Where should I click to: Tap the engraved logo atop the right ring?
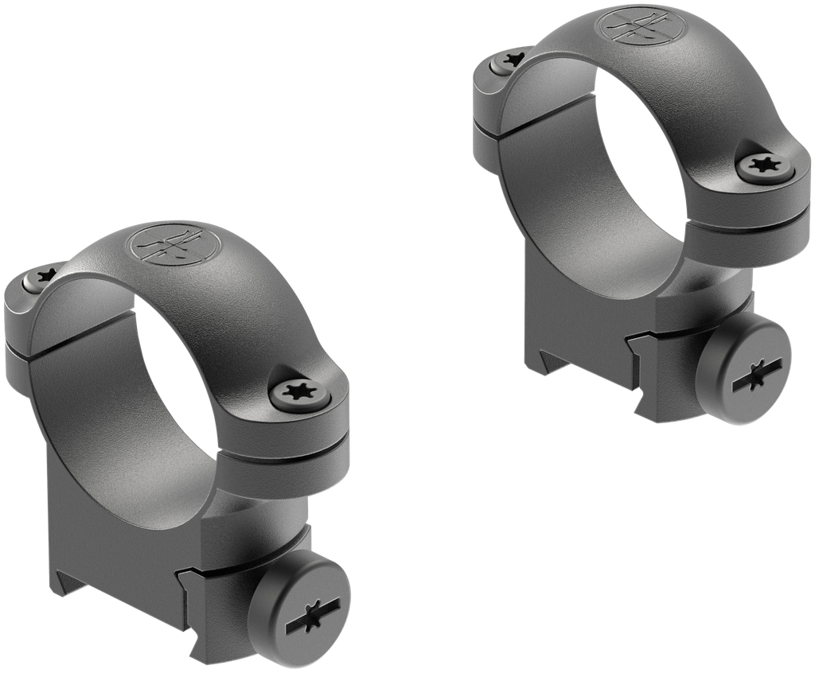634,25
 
